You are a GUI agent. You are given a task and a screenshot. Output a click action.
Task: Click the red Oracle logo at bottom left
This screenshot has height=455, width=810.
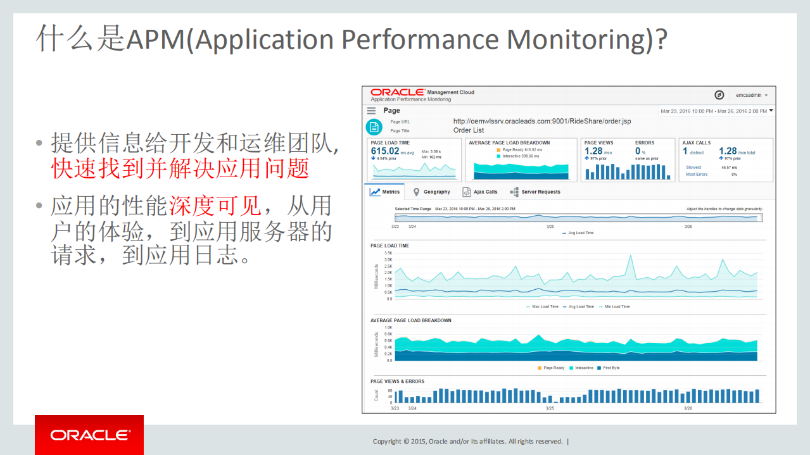[x=89, y=435]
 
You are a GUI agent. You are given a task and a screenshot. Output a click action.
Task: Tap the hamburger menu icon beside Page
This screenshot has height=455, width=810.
[x=372, y=111]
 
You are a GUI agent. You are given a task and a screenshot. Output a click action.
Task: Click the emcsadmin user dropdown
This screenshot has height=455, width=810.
[x=751, y=95]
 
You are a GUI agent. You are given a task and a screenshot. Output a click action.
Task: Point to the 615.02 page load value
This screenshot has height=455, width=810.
[x=385, y=151]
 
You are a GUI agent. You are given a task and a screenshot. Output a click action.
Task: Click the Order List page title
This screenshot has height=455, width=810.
[x=469, y=130]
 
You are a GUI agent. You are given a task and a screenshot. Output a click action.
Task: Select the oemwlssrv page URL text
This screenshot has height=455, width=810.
[x=542, y=121]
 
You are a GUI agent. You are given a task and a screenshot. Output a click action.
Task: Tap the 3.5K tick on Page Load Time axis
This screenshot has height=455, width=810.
[x=388, y=252]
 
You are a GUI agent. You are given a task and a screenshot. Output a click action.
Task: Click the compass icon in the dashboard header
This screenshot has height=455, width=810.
[x=719, y=95]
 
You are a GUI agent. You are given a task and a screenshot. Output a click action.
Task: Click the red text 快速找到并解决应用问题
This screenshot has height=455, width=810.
[x=180, y=168]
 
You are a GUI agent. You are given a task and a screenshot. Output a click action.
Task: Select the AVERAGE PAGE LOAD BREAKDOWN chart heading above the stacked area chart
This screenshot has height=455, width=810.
[x=411, y=320]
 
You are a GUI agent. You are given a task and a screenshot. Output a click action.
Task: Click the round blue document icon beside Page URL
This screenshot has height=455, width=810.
[x=374, y=126]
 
